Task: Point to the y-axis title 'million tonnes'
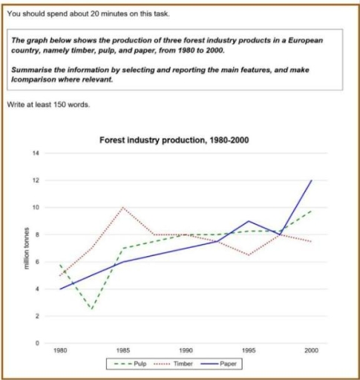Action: pyautogui.click(x=27, y=249)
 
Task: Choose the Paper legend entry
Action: pyautogui.click(x=226, y=365)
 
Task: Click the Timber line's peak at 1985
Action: pyautogui.click(x=123, y=208)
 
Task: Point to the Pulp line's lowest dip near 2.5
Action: pyautogui.click(x=91, y=309)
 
